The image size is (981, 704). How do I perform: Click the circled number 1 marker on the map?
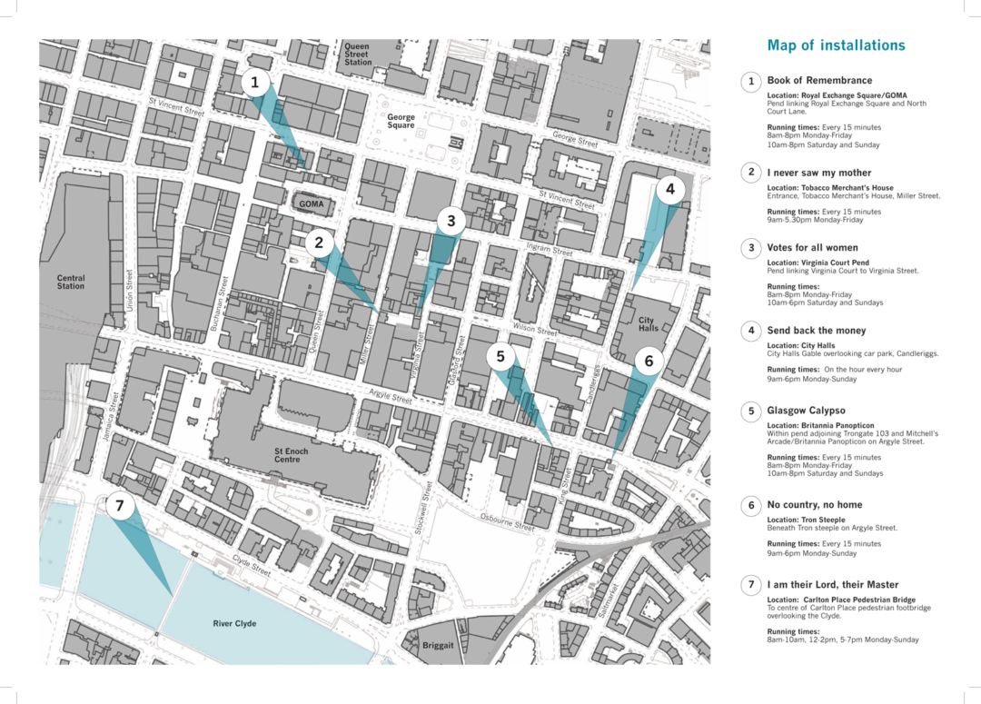[x=255, y=84]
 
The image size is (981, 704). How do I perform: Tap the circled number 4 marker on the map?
[x=670, y=190]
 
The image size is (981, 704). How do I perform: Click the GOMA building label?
[x=312, y=204]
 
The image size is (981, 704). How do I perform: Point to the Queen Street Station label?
[x=358, y=54]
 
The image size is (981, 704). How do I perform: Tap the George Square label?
[x=401, y=121]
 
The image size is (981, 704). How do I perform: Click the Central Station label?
[x=71, y=283]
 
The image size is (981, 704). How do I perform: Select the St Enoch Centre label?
[x=291, y=455]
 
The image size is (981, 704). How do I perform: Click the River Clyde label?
[x=234, y=624]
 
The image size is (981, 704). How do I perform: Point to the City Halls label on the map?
[x=648, y=324]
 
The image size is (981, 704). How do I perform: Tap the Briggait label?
[x=439, y=646]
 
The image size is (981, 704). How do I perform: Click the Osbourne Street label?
[x=508, y=521]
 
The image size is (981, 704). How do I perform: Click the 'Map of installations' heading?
[x=836, y=45]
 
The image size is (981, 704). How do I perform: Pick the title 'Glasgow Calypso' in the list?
[x=806, y=411]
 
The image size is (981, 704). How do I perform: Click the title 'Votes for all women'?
[x=812, y=247]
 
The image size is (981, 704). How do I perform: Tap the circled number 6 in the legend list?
[x=750, y=505]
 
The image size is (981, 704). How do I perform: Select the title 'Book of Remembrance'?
[x=818, y=81]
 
